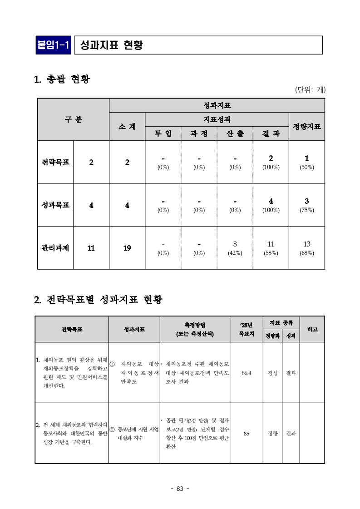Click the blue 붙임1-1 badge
pos(54,45)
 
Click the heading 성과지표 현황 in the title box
pos(111,45)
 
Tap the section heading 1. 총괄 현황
pos(62,79)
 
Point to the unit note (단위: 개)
pos(310,90)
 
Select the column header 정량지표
pos(307,126)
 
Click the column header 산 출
pos(235,133)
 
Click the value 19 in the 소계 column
pos(127,248)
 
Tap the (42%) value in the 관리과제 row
pos(235,253)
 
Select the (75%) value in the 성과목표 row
pos(307,210)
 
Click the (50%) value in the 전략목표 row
pos(307,167)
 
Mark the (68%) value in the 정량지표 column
pos(307,253)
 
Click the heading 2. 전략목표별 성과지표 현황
pos(98,300)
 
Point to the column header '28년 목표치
pos(246,329)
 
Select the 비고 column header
pos(312,329)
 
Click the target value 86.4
pos(247,373)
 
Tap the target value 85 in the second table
pos(247,434)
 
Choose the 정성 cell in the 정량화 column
pos(272,373)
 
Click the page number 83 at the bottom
pos(180,489)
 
